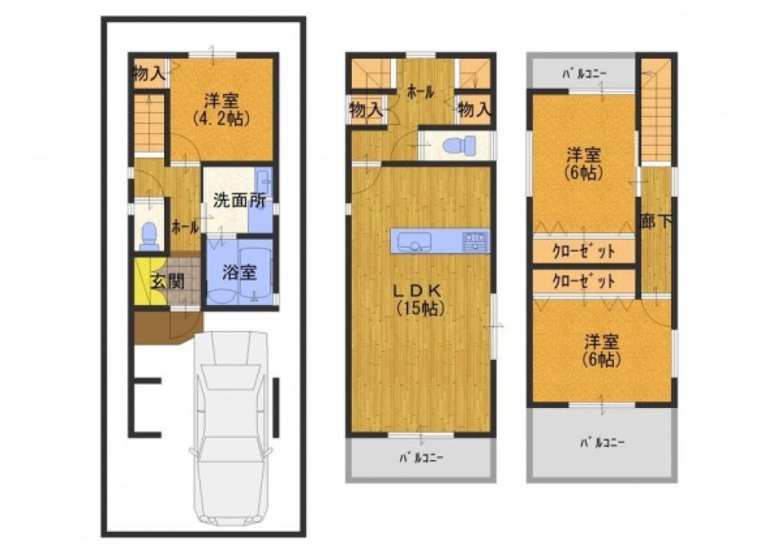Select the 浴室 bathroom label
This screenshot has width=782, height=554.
tap(239, 273)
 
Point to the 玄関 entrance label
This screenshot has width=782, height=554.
tap(168, 282)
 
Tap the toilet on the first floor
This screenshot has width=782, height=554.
tap(149, 235)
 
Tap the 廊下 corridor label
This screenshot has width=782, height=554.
tap(656, 222)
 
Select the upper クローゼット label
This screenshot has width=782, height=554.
tap(583, 251)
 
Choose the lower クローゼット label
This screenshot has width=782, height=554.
tap(583, 282)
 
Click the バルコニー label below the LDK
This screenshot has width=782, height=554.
tap(422, 458)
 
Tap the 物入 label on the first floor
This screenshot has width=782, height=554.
tap(148, 75)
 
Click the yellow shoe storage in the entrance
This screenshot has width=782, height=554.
tap(143, 283)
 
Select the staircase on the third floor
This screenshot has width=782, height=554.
tap(655, 110)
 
